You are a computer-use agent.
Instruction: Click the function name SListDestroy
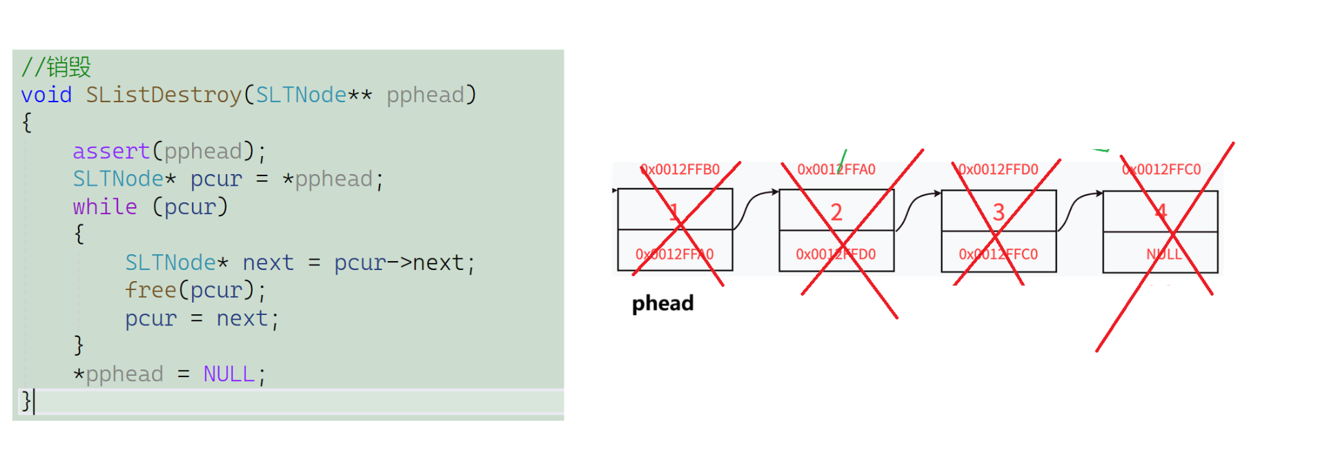163,95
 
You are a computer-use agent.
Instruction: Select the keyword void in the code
46,95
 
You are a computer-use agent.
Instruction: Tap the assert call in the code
111,151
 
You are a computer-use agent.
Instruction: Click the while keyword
105,207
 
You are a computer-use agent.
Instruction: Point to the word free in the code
150,290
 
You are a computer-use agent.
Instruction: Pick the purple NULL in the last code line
229,374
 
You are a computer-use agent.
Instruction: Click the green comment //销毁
56,67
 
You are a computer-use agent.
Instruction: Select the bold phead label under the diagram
663,303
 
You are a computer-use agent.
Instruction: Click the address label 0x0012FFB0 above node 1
680,169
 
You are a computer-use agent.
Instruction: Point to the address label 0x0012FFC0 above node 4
1161,169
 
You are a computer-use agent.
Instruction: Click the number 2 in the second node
836,212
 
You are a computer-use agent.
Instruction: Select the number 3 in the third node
998,212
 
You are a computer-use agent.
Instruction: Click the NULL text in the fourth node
1164,254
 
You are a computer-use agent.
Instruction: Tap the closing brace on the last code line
26,401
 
